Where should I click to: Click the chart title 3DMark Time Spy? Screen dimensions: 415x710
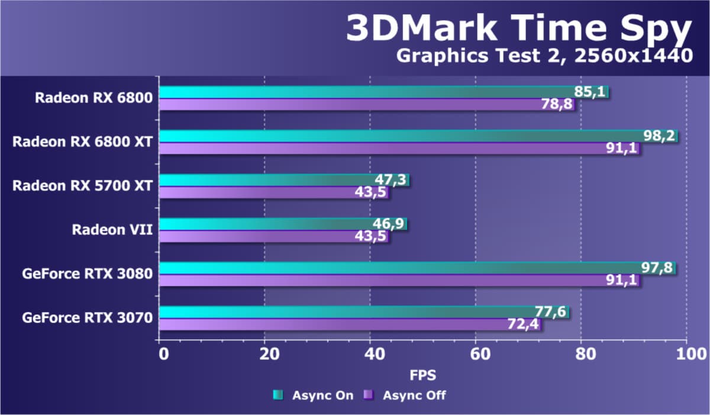pos(518,28)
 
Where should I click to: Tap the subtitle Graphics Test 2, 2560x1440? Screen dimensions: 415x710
pos(544,56)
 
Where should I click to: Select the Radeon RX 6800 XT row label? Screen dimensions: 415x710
pos(83,141)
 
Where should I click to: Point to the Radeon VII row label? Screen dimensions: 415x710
pos(112,229)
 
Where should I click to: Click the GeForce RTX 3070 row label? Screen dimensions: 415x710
pos(88,318)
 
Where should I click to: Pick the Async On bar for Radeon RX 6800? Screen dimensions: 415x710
pos(367,92)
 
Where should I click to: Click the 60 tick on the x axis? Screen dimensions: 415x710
pos(475,354)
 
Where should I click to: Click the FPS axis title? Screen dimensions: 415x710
pos(422,375)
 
